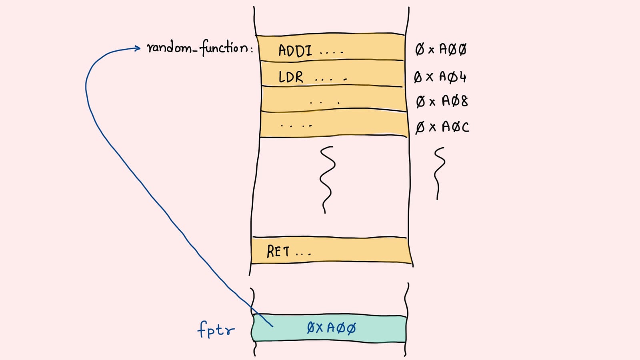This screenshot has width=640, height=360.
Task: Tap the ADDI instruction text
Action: click(x=295, y=51)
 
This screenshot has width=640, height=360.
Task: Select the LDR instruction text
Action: click(x=291, y=77)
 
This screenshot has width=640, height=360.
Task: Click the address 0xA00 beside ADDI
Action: click(x=441, y=49)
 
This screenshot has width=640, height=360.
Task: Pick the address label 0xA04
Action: click(x=440, y=76)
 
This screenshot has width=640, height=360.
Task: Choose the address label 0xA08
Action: click(x=442, y=101)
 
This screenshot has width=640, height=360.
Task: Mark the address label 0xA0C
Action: click(x=442, y=127)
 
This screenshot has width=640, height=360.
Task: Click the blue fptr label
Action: click(x=216, y=330)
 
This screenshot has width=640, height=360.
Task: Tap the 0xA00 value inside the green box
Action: click(x=331, y=328)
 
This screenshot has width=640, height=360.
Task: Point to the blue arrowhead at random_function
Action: click(x=137, y=48)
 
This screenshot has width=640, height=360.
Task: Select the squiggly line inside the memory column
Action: click(x=327, y=179)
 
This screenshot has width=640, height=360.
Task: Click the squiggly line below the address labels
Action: click(x=439, y=173)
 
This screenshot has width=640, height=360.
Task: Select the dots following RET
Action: click(x=303, y=254)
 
